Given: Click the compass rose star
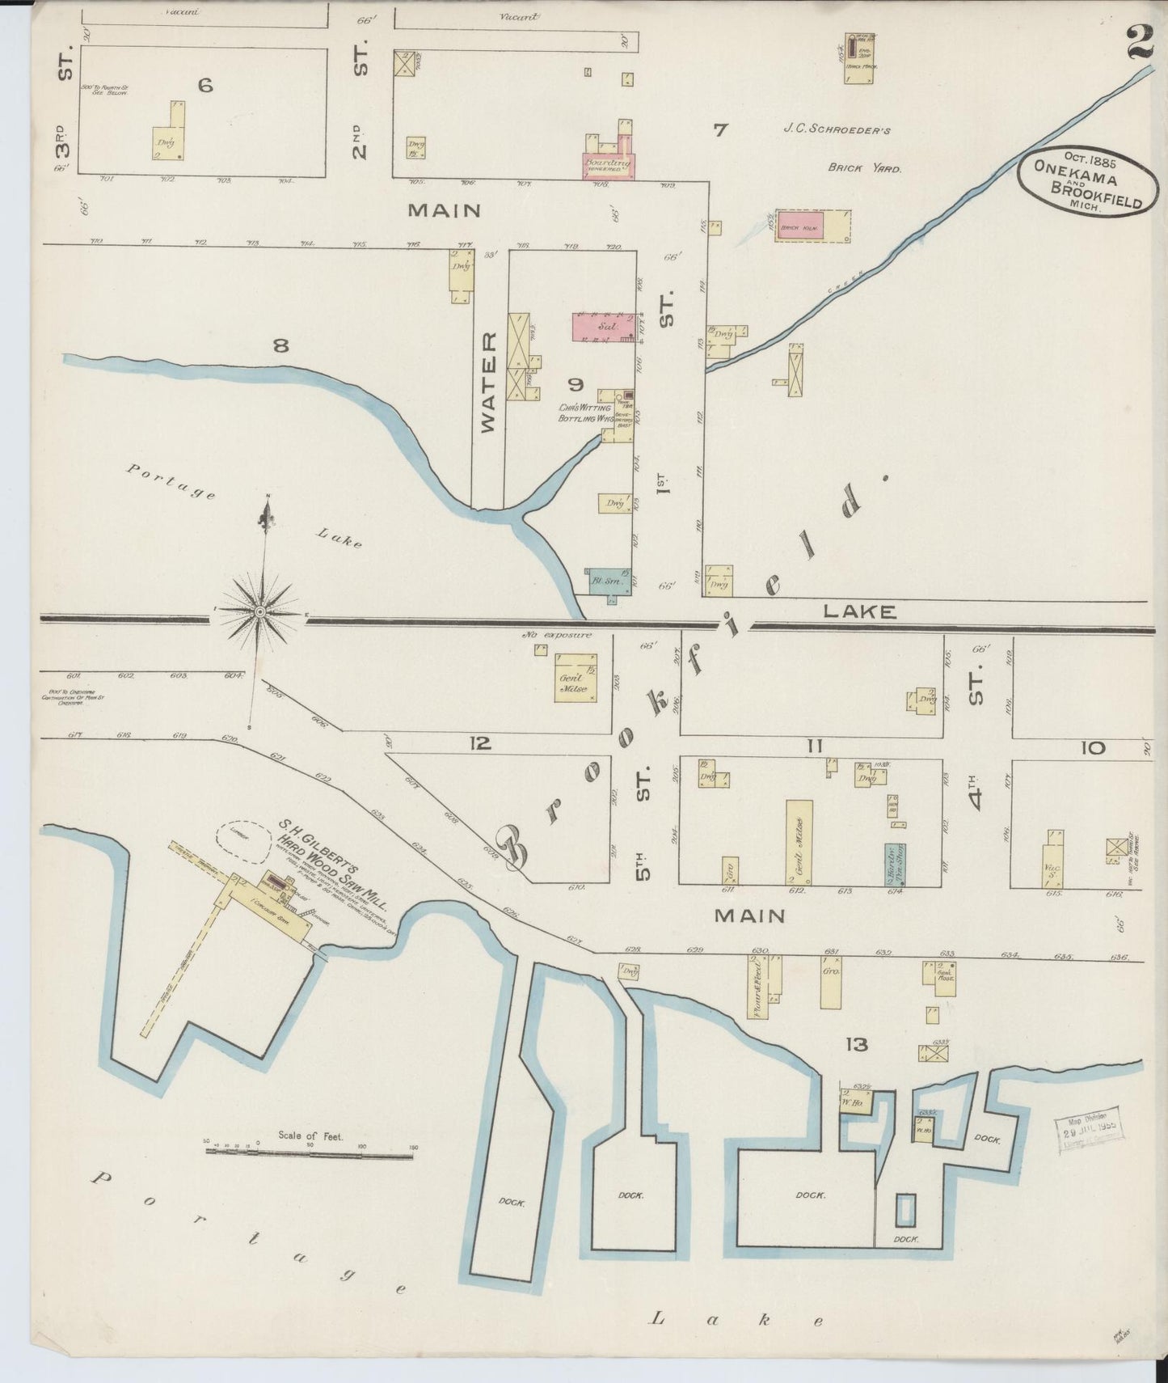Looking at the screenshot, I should [260, 613].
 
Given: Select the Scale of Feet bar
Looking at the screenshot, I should [309, 1157].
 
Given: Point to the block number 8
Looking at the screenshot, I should [280, 346].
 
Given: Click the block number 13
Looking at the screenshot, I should [857, 1045].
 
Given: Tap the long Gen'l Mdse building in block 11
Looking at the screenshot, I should [799, 841].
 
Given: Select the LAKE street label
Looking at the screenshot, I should [859, 612].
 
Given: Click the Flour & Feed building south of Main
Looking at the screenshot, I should [757, 986].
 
